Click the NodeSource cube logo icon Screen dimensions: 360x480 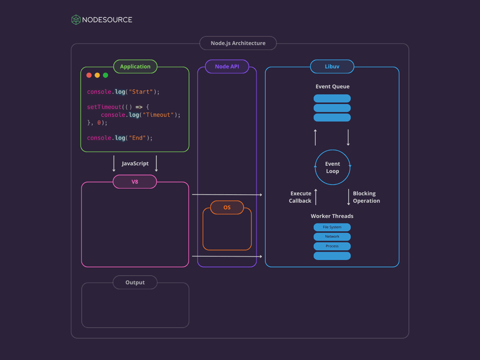[76, 20]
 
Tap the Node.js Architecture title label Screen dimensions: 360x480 [238, 43]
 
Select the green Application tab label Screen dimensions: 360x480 [135, 66]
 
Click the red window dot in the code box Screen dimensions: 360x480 [89, 75]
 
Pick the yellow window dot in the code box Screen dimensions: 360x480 [97, 75]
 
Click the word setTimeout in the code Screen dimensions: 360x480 [104, 107]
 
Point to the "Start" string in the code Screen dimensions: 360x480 [141, 92]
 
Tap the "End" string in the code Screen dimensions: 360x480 [137, 138]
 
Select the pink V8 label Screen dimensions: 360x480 [135, 182]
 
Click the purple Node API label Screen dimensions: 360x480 [227, 66]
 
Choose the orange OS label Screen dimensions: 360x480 [227, 207]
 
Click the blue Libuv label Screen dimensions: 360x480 [332, 66]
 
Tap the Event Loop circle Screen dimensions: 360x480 [332, 167]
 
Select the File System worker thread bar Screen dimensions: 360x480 [332, 227]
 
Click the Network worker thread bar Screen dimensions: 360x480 [332, 236]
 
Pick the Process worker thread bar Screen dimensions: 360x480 [332, 246]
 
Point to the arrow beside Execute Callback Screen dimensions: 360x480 [316, 197]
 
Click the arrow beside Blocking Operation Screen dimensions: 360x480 [348, 197]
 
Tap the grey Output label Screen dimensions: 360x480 [135, 282]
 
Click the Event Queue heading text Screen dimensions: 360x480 [332, 86]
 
